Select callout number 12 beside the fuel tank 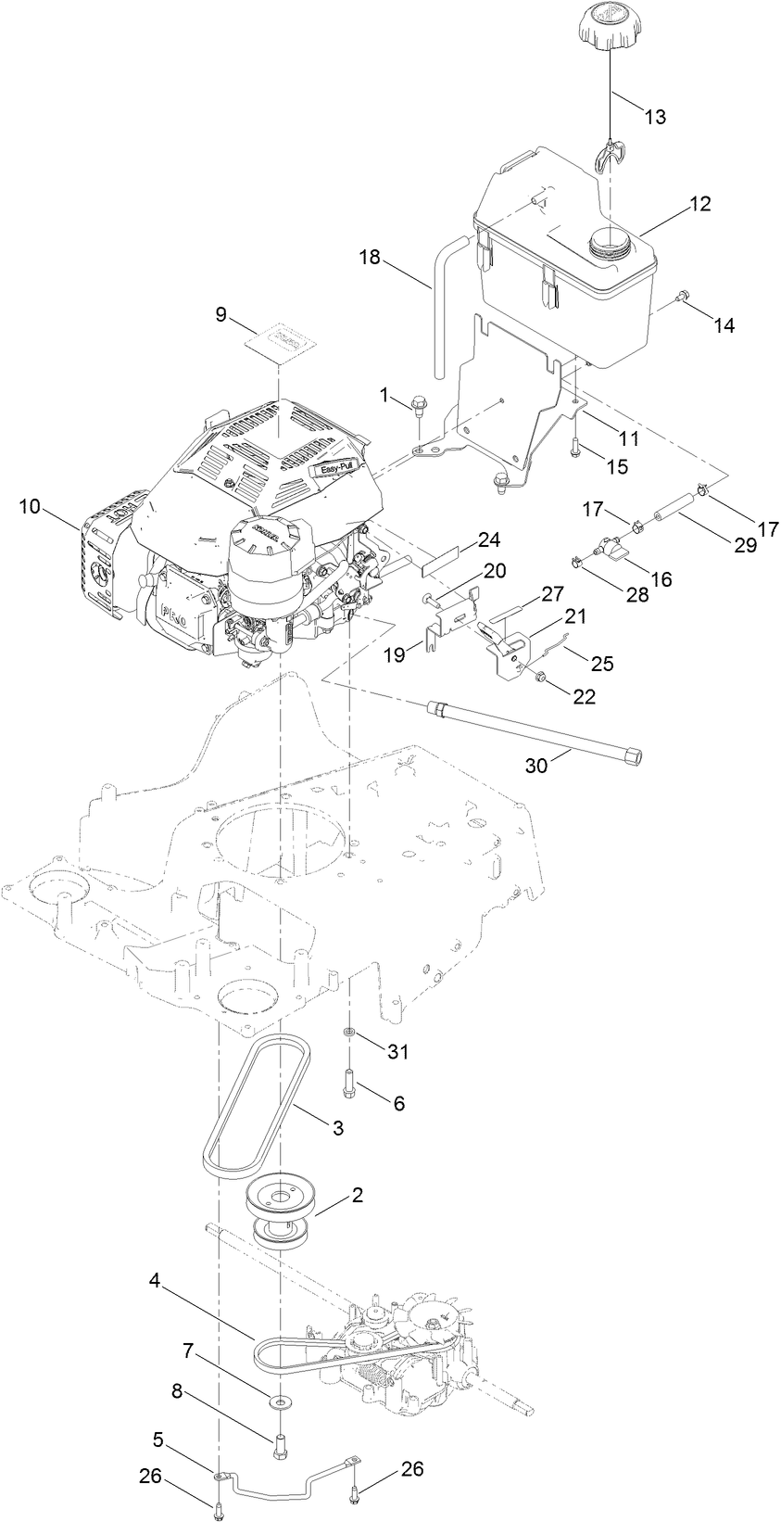[x=699, y=204]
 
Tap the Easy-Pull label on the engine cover [x=332, y=470]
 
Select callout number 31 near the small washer [x=398, y=1052]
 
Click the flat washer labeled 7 [x=278, y=1403]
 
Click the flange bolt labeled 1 [x=417, y=405]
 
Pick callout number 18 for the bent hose [x=370, y=257]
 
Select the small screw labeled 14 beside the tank [x=683, y=297]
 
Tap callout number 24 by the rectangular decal [x=489, y=539]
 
